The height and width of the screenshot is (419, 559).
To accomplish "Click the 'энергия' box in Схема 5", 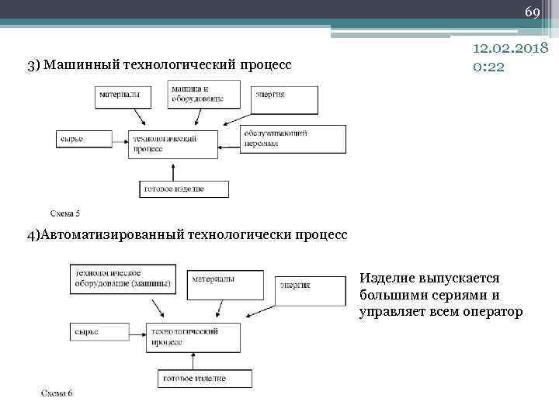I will pos(284,99).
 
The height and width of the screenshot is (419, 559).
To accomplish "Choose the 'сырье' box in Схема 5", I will pos(81,140).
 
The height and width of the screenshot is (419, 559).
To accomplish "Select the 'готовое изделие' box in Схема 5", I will pos(184,189).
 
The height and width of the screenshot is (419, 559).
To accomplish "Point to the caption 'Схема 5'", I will pos(65,213).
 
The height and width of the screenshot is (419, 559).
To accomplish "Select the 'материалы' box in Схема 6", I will pos(227,284).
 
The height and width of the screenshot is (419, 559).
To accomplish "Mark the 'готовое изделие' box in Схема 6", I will pos(204,379).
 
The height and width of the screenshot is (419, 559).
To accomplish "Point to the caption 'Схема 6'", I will pos(57,393).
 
